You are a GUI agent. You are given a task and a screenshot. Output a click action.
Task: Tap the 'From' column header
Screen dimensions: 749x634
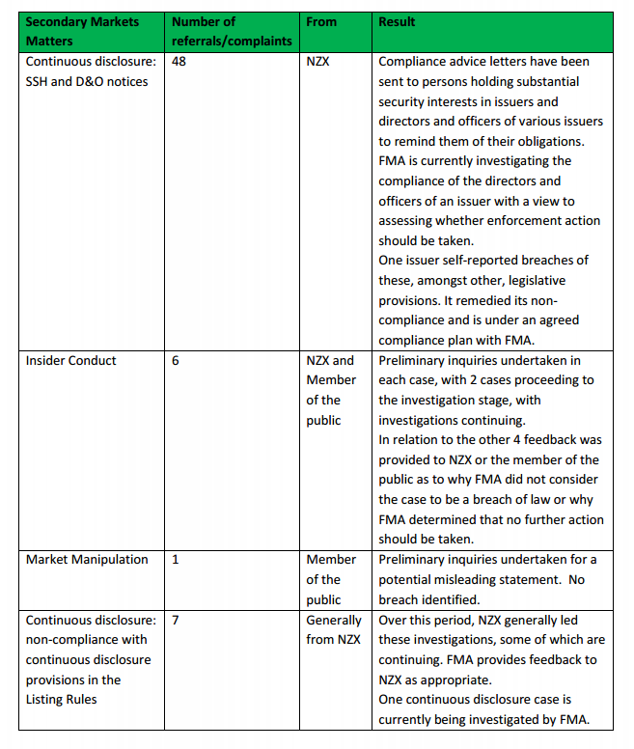coord(320,21)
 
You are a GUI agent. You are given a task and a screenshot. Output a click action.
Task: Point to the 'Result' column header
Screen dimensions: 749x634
coord(397,21)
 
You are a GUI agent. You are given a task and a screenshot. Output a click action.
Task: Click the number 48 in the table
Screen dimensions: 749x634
coord(179,62)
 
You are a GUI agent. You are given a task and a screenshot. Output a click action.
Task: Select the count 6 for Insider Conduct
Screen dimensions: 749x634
coord(175,361)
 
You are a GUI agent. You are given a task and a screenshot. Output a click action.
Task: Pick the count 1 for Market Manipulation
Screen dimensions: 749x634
coord(175,560)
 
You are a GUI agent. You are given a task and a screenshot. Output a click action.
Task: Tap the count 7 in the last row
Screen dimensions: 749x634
coord(175,620)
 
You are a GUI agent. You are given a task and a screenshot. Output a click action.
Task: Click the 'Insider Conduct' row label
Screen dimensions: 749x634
coord(71,361)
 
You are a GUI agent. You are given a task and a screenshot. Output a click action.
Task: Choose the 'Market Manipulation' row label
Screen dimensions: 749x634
coord(87,560)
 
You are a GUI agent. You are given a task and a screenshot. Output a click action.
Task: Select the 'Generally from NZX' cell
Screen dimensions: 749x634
coord(333,629)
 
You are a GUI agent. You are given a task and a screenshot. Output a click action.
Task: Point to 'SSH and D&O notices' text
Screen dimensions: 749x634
coord(87,82)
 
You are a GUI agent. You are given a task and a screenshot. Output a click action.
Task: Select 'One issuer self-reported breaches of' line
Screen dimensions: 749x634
coord(483,261)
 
